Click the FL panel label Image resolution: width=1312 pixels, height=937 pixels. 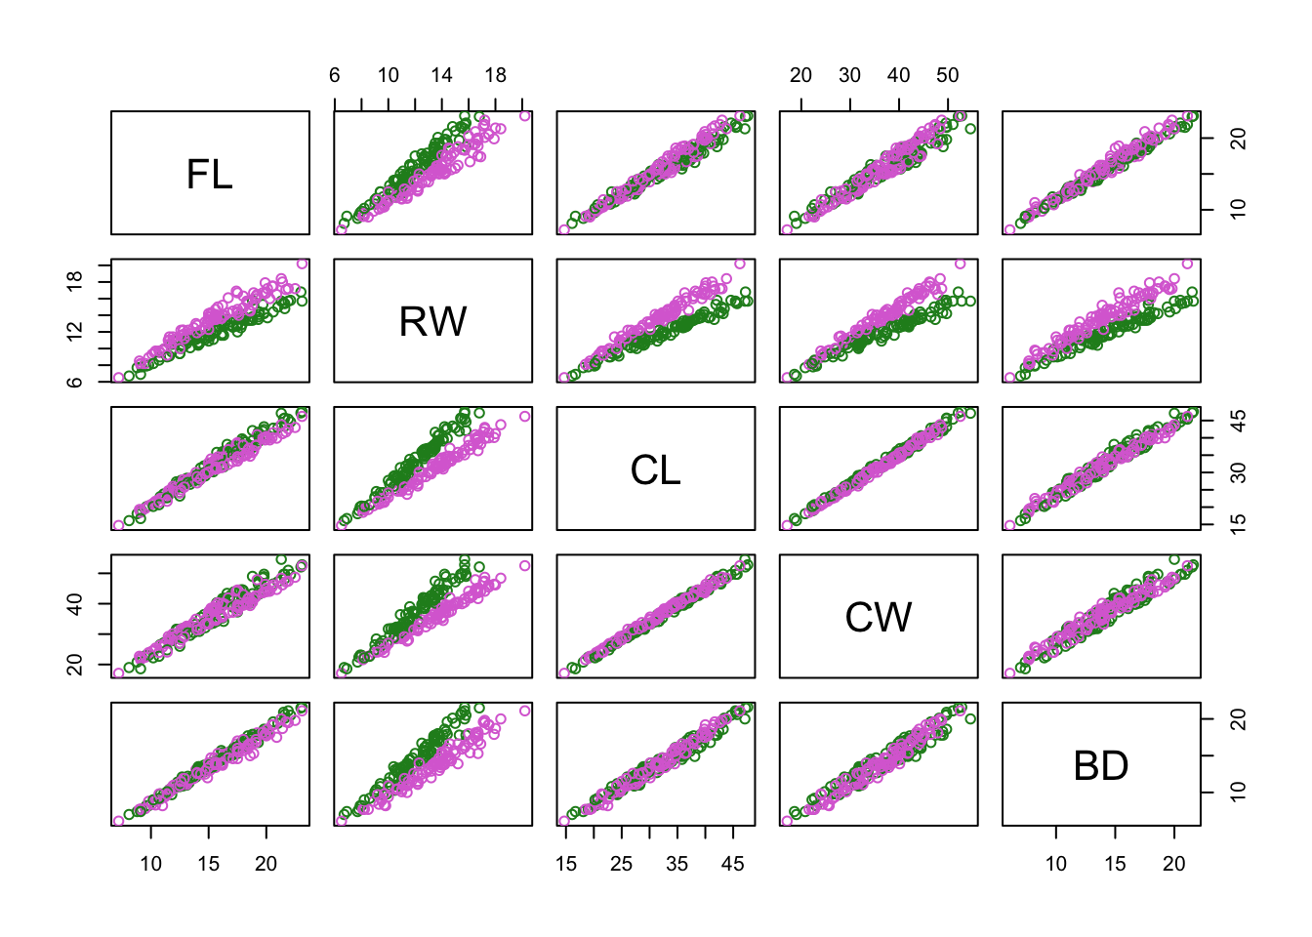pos(210,174)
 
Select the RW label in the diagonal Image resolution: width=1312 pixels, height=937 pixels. pos(432,321)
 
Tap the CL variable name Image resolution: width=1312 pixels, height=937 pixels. pos(655,469)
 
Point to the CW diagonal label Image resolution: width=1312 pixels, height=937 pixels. pos(878,617)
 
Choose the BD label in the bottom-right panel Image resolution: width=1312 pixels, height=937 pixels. pos(1100,765)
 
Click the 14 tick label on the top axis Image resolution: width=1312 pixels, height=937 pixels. pos(441,75)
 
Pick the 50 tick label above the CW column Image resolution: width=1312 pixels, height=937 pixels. pos(947,75)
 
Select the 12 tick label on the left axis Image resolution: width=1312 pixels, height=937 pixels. pos(74,332)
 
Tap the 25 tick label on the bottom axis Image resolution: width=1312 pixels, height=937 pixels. pos(622,864)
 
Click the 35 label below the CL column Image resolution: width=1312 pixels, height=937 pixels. pos(677,864)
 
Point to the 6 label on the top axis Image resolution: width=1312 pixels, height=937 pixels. pos(335,75)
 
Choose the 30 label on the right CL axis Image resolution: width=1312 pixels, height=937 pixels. pos(1238,472)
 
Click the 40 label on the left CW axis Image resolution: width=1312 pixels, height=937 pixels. pos(74,603)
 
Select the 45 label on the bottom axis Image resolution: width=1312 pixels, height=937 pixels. pos(733,864)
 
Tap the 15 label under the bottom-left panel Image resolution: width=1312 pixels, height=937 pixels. pos(209,864)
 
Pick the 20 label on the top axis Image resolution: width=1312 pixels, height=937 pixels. pos(800,75)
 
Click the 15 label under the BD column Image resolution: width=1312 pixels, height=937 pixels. pos(1115,864)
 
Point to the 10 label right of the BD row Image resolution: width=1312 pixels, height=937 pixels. pos(1238,793)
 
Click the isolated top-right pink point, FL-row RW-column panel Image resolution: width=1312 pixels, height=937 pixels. pos(525,116)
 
